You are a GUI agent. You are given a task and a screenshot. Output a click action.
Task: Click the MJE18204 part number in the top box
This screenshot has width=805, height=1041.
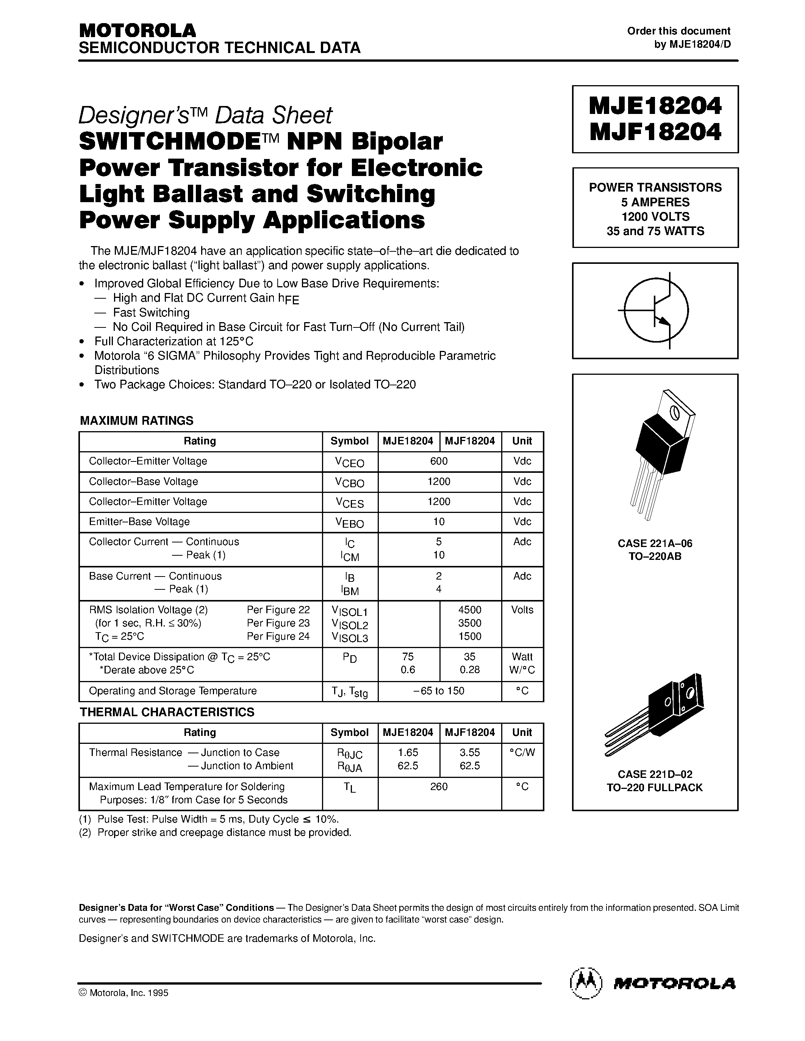655,106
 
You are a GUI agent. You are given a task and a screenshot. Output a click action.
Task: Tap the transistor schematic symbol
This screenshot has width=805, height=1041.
656,310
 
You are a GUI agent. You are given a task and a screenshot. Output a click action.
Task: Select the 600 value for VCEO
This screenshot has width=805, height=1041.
439,461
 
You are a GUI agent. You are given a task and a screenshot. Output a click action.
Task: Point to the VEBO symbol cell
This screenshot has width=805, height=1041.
350,522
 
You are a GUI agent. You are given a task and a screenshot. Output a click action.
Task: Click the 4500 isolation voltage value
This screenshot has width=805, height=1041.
470,609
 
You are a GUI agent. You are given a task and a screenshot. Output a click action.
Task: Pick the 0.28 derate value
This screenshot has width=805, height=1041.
470,670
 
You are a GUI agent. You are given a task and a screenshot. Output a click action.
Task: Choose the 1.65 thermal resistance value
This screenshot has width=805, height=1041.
408,752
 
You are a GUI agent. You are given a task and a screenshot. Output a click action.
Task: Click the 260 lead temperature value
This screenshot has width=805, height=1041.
439,787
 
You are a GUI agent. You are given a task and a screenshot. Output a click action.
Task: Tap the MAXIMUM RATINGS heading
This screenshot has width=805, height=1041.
136,421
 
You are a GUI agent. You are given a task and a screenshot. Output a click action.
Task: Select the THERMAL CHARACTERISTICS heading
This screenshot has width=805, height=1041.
167,712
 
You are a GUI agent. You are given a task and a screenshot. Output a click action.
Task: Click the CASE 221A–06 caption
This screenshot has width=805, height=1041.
655,543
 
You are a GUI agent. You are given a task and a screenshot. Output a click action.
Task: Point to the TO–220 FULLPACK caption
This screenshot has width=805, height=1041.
655,787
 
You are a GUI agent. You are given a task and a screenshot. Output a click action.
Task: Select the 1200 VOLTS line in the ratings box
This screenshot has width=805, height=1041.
655,217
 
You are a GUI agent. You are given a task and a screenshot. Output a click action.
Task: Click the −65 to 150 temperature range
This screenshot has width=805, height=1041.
439,691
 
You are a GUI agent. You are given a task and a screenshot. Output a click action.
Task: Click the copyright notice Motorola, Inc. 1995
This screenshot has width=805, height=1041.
124,993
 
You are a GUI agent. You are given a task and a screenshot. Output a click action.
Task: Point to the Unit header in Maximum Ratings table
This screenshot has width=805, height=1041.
522,441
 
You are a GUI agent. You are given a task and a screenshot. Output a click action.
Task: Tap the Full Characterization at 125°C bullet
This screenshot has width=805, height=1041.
174,341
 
